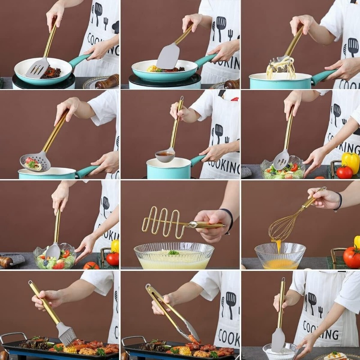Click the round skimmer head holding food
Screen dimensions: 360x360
click(35, 161)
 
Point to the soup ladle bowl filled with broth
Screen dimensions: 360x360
click(165, 156)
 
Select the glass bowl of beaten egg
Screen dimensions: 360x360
click(280, 256)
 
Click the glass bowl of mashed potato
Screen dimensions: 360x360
click(174, 256)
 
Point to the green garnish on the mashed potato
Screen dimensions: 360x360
click(174, 252)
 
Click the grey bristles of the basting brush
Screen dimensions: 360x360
click(67, 335)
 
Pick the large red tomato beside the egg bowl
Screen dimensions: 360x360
click(352, 257)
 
